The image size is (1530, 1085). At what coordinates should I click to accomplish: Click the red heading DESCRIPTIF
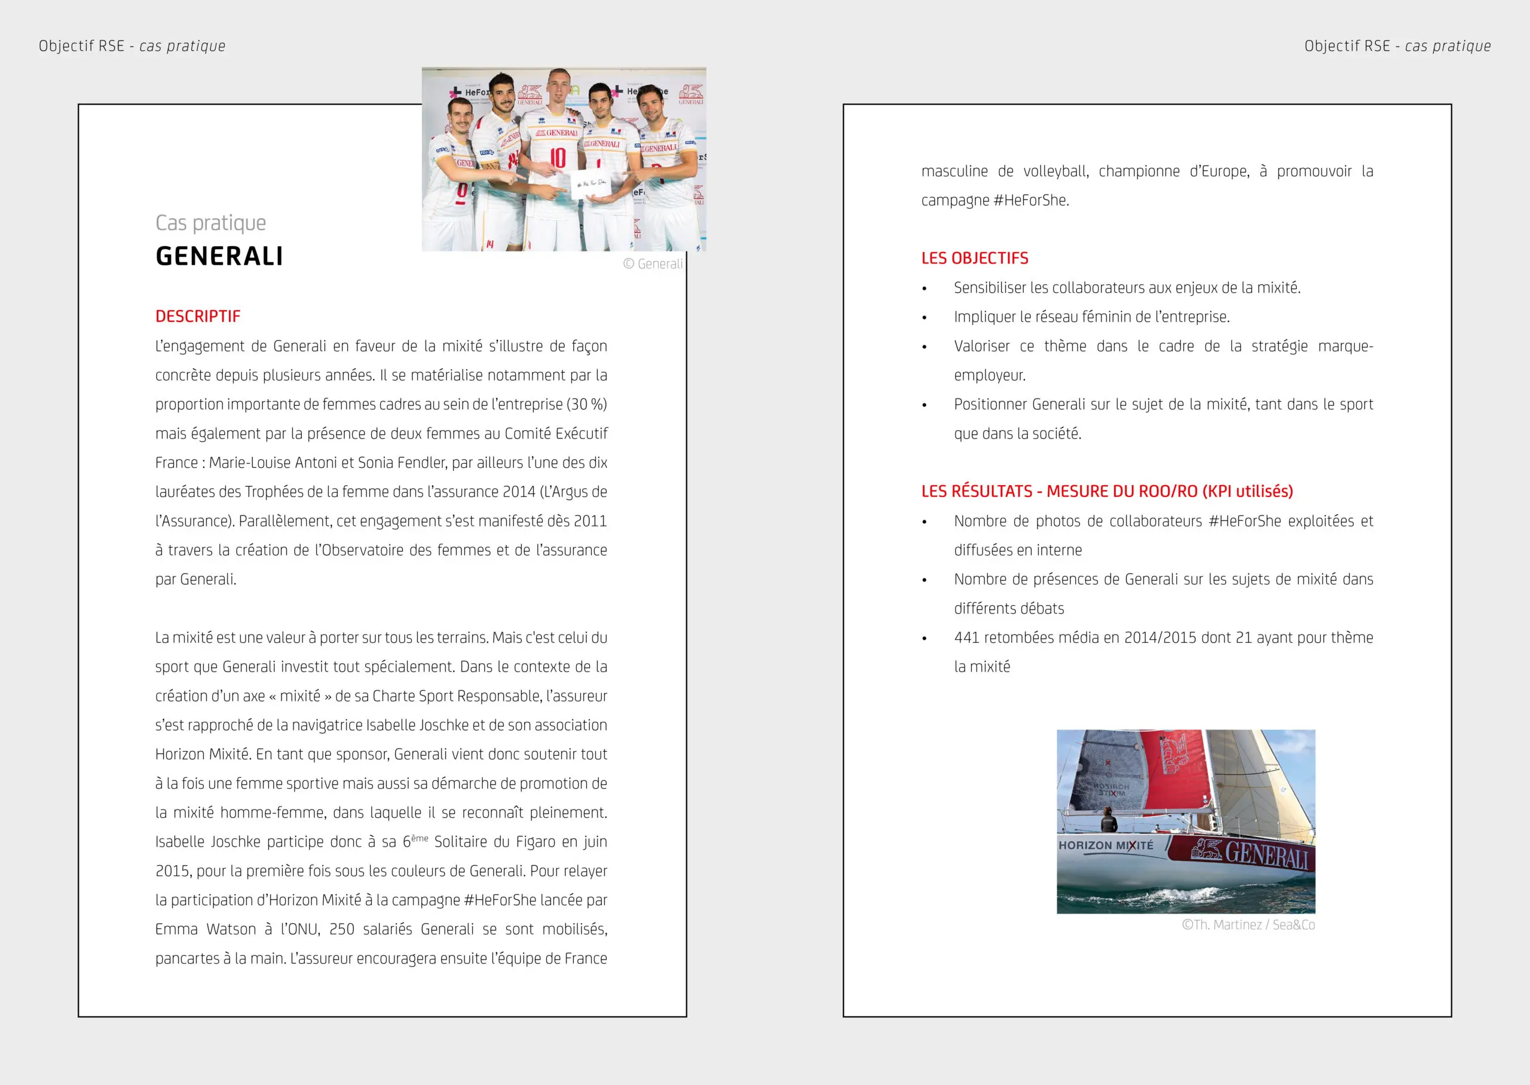(x=198, y=317)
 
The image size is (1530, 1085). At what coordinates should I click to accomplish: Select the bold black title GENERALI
(x=219, y=256)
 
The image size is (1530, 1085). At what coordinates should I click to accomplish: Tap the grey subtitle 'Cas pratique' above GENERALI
(x=210, y=222)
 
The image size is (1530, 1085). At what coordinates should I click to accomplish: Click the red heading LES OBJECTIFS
(x=974, y=259)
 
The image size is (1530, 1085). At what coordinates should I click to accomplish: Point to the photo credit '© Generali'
(x=653, y=264)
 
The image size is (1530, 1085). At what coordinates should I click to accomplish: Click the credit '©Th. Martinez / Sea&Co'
(x=1247, y=925)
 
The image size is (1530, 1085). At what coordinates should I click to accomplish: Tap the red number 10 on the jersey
(x=557, y=158)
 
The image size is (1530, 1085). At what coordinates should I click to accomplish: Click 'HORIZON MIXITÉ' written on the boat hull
(x=1106, y=845)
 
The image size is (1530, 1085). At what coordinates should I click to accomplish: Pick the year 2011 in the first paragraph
(x=590, y=521)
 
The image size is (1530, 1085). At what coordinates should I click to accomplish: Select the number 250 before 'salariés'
(x=341, y=929)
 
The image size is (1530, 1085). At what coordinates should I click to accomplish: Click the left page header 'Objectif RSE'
(x=81, y=46)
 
